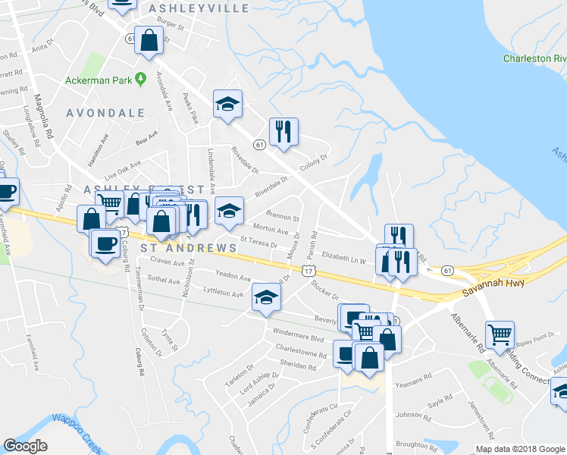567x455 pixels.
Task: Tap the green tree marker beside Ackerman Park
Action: tap(140, 78)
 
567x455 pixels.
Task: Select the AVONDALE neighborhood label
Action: tap(105, 113)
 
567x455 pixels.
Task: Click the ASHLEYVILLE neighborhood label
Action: tap(199, 8)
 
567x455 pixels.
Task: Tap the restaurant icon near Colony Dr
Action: tap(283, 131)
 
